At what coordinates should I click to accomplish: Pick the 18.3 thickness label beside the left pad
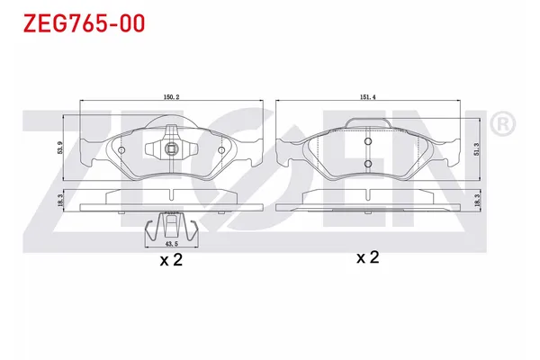[61, 202]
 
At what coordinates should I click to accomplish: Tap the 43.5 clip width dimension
[171, 241]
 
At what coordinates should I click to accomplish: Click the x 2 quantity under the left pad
[171, 261]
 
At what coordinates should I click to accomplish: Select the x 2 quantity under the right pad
[368, 258]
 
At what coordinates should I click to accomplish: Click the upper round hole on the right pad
[367, 141]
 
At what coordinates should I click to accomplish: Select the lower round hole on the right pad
[367, 162]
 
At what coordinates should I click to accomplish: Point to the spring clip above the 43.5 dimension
[171, 225]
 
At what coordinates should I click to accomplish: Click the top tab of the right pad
[367, 123]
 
